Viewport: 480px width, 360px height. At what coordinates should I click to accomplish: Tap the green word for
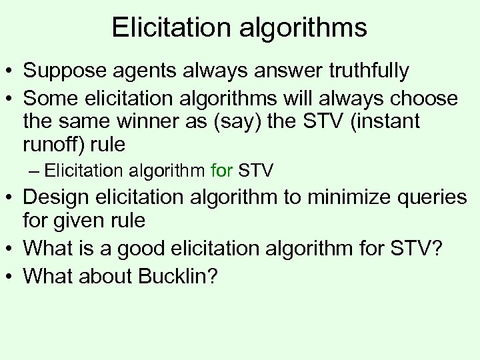coord(221,171)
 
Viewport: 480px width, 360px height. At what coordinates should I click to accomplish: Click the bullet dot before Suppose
coord(11,71)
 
